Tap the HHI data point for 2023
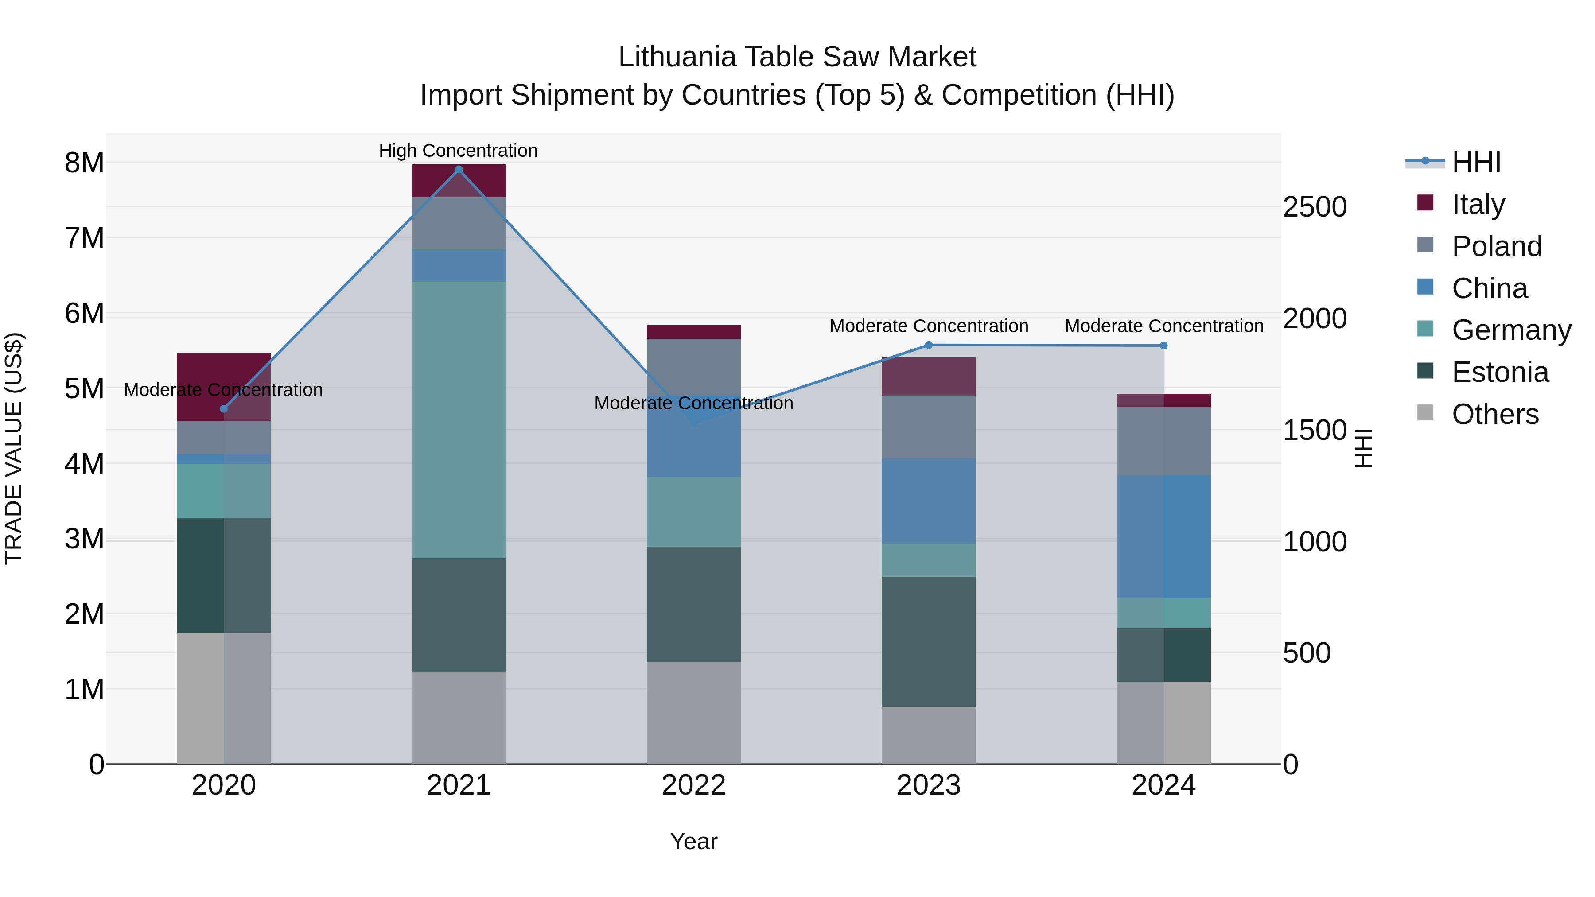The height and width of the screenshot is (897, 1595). [x=928, y=346]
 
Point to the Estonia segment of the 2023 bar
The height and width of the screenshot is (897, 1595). [x=928, y=641]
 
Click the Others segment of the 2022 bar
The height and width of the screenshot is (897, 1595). [x=693, y=713]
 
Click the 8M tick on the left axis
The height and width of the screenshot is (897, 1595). [x=84, y=163]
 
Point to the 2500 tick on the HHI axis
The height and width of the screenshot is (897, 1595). [x=1315, y=207]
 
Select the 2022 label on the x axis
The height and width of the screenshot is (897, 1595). [x=693, y=785]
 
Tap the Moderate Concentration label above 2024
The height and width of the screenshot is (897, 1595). [x=1163, y=326]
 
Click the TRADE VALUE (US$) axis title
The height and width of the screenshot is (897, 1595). [x=14, y=448]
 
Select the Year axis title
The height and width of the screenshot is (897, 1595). [x=693, y=841]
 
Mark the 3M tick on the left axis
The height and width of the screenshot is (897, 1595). [x=84, y=539]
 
